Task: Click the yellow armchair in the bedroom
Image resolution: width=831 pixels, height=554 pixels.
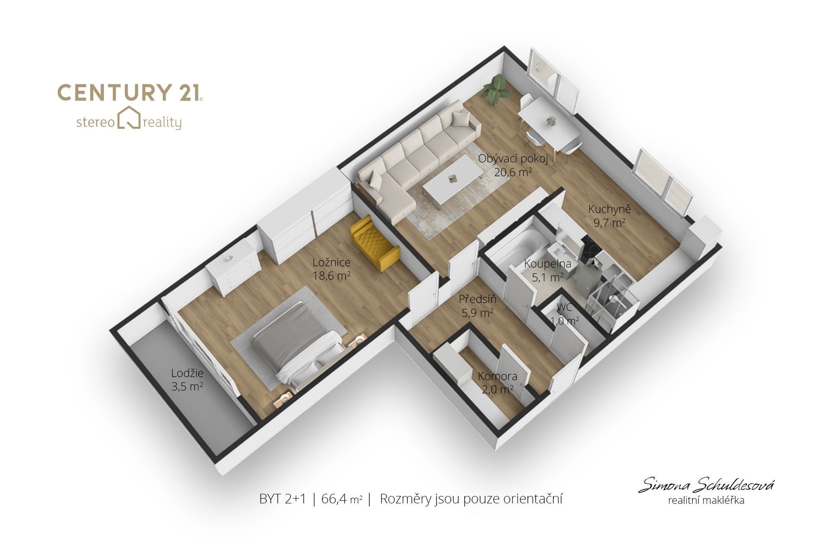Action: [374, 244]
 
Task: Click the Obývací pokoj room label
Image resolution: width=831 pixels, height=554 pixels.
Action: [513, 159]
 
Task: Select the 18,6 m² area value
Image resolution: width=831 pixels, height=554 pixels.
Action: [332, 276]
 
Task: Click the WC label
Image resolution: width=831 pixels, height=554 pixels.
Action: [565, 308]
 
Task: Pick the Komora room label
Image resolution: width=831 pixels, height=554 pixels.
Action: [498, 376]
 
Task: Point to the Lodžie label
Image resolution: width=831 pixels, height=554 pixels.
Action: [187, 373]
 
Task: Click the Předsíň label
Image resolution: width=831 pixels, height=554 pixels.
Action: [478, 299]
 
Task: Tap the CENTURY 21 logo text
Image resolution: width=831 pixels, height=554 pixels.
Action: [130, 93]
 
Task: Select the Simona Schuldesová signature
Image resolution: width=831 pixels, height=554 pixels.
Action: [706, 485]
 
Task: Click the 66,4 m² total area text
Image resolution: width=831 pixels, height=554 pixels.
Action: [342, 499]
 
